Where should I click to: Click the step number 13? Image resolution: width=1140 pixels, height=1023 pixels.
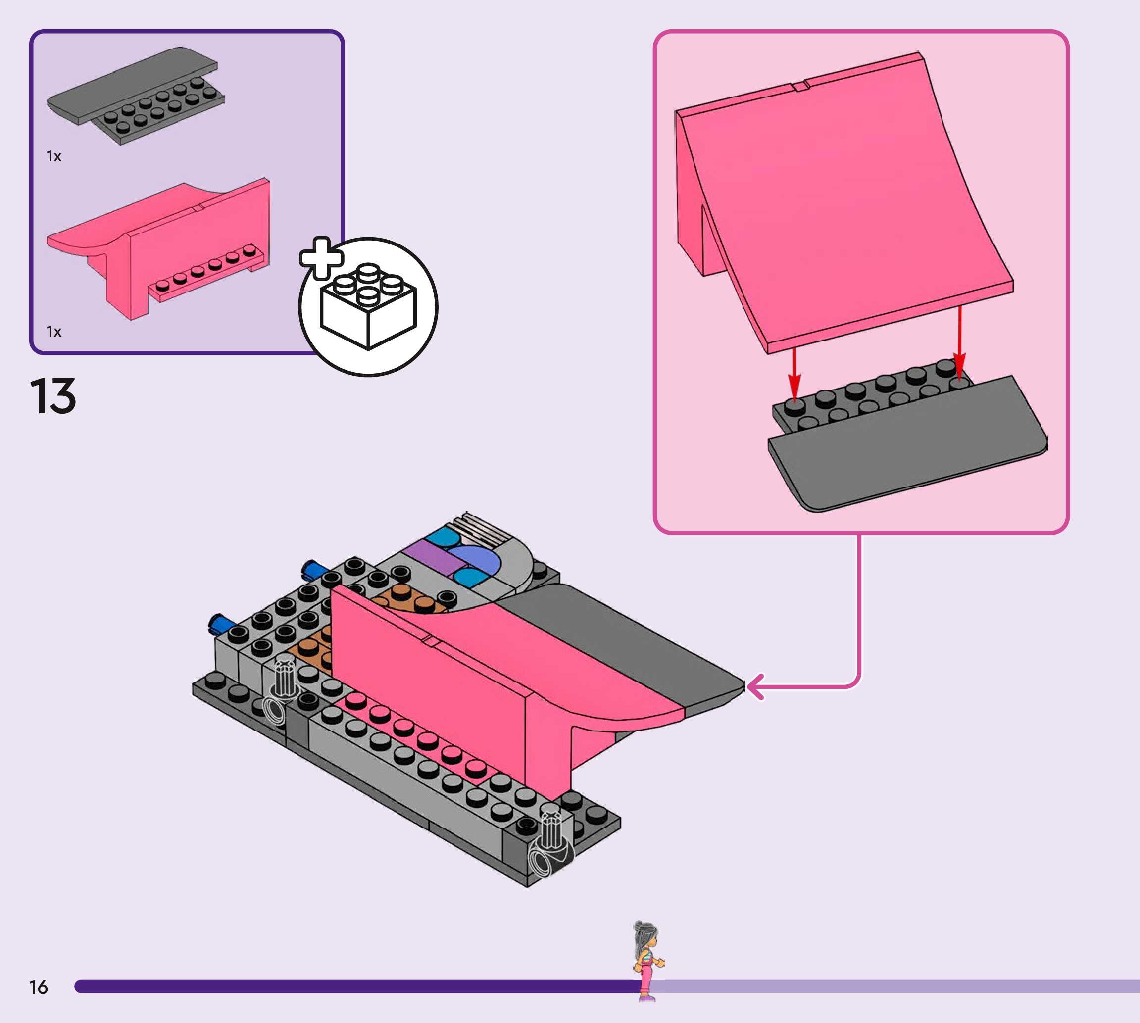[x=53, y=396]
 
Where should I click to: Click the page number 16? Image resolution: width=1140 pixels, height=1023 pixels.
[x=38, y=987]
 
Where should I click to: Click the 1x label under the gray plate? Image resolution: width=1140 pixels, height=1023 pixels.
[x=54, y=156]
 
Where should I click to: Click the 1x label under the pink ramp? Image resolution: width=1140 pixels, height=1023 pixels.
[x=54, y=332]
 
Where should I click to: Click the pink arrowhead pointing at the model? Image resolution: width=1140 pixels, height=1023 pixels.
[x=755, y=686]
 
